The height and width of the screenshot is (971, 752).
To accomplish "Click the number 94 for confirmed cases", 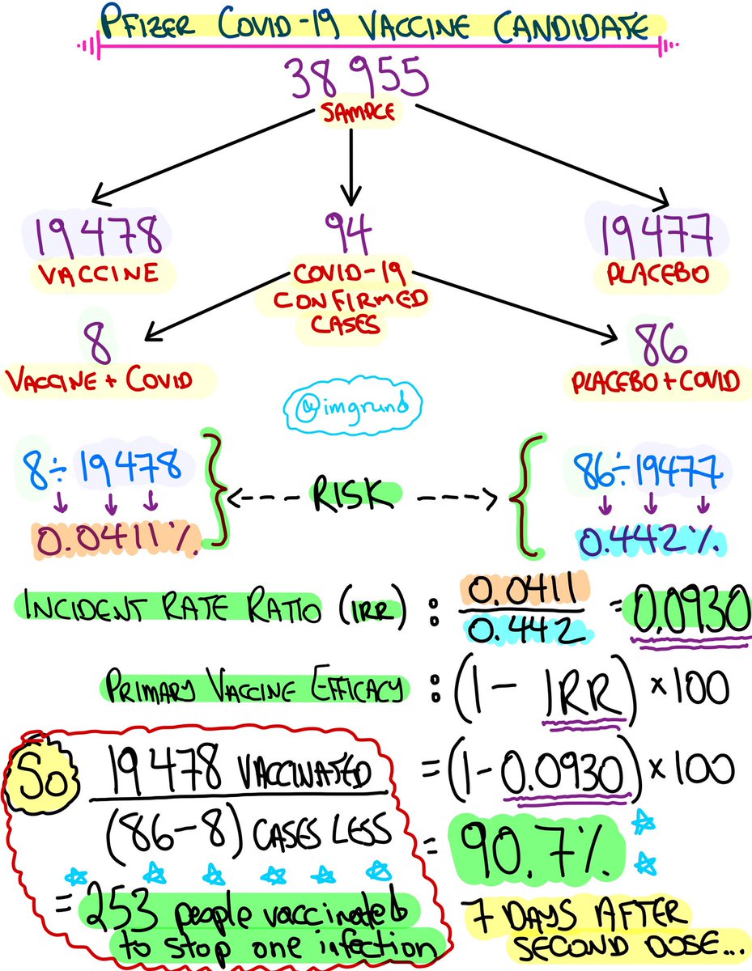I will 351,232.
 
